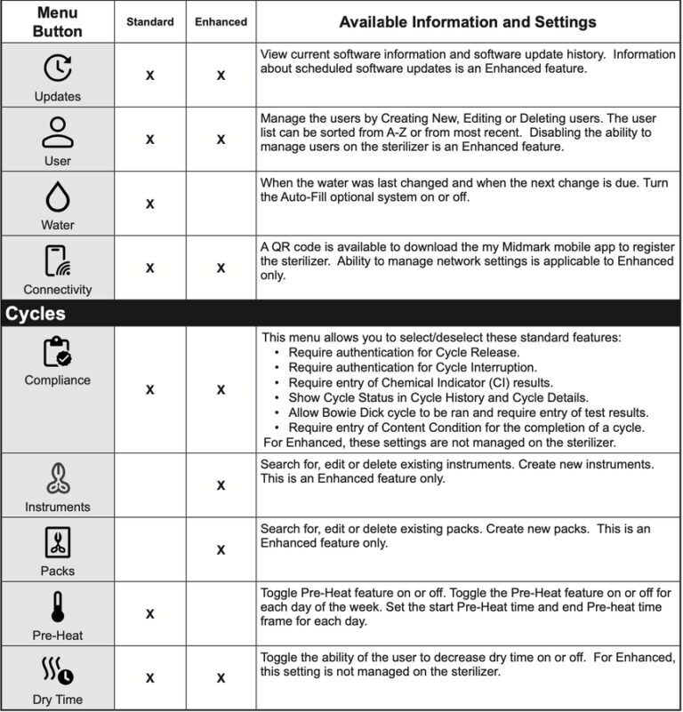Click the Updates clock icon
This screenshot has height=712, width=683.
coord(57,68)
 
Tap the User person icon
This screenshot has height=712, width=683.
coord(57,132)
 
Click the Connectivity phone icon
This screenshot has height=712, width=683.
coord(57,260)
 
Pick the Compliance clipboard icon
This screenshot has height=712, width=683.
coord(57,352)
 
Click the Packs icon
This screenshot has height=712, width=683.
coord(57,542)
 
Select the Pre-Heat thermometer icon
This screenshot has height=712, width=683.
coord(57,607)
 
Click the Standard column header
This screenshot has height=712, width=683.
coord(149,21)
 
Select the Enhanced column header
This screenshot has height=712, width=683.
coord(220,21)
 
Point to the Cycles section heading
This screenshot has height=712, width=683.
coord(36,314)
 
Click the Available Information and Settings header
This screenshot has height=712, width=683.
coord(468,21)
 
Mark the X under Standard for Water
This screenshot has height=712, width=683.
coord(149,204)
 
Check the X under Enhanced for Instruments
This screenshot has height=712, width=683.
coord(221,485)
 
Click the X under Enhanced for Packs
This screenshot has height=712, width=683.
coord(221,549)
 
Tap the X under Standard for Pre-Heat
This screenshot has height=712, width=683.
coord(149,613)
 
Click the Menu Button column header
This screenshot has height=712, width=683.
coord(57,21)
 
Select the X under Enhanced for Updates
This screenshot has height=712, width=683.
coord(221,76)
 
